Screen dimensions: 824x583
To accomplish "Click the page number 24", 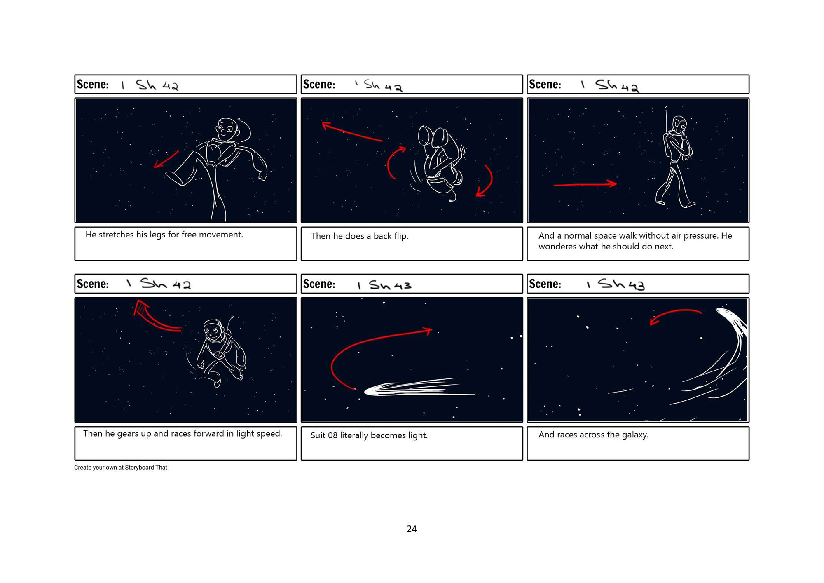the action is (412, 529).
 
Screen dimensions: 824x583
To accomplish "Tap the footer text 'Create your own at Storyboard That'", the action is (121, 468).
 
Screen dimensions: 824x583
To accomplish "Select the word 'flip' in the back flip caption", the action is (400, 236).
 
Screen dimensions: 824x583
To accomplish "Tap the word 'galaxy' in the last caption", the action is (635, 435).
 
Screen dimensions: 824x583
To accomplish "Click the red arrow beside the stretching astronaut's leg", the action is (166, 160).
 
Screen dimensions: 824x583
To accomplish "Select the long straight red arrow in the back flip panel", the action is (352, 132).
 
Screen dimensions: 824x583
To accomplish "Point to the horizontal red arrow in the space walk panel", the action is (585, 184).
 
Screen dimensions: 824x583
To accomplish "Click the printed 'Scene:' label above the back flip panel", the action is (319, 85).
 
